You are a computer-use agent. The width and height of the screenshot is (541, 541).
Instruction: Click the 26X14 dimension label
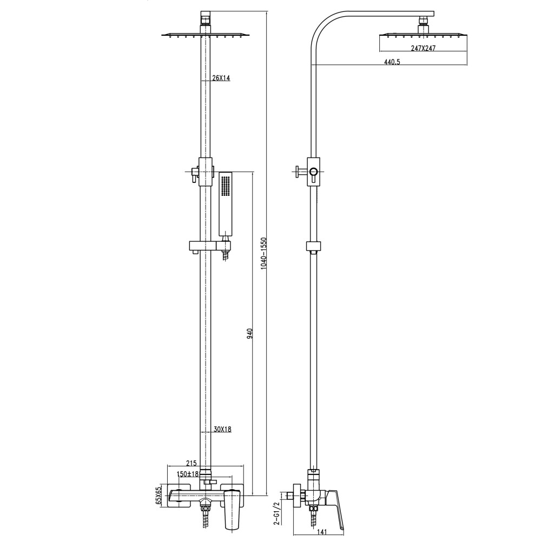point(221,78)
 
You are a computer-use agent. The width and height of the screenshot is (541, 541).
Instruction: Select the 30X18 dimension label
point(222,429)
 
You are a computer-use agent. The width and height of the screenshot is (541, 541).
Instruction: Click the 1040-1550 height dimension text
point(263,253)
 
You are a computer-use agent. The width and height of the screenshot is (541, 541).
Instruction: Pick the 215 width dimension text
point(191,463)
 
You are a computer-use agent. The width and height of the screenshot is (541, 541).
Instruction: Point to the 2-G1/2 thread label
point(277,512)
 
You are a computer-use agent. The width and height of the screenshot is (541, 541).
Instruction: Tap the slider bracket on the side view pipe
point(313,247)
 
